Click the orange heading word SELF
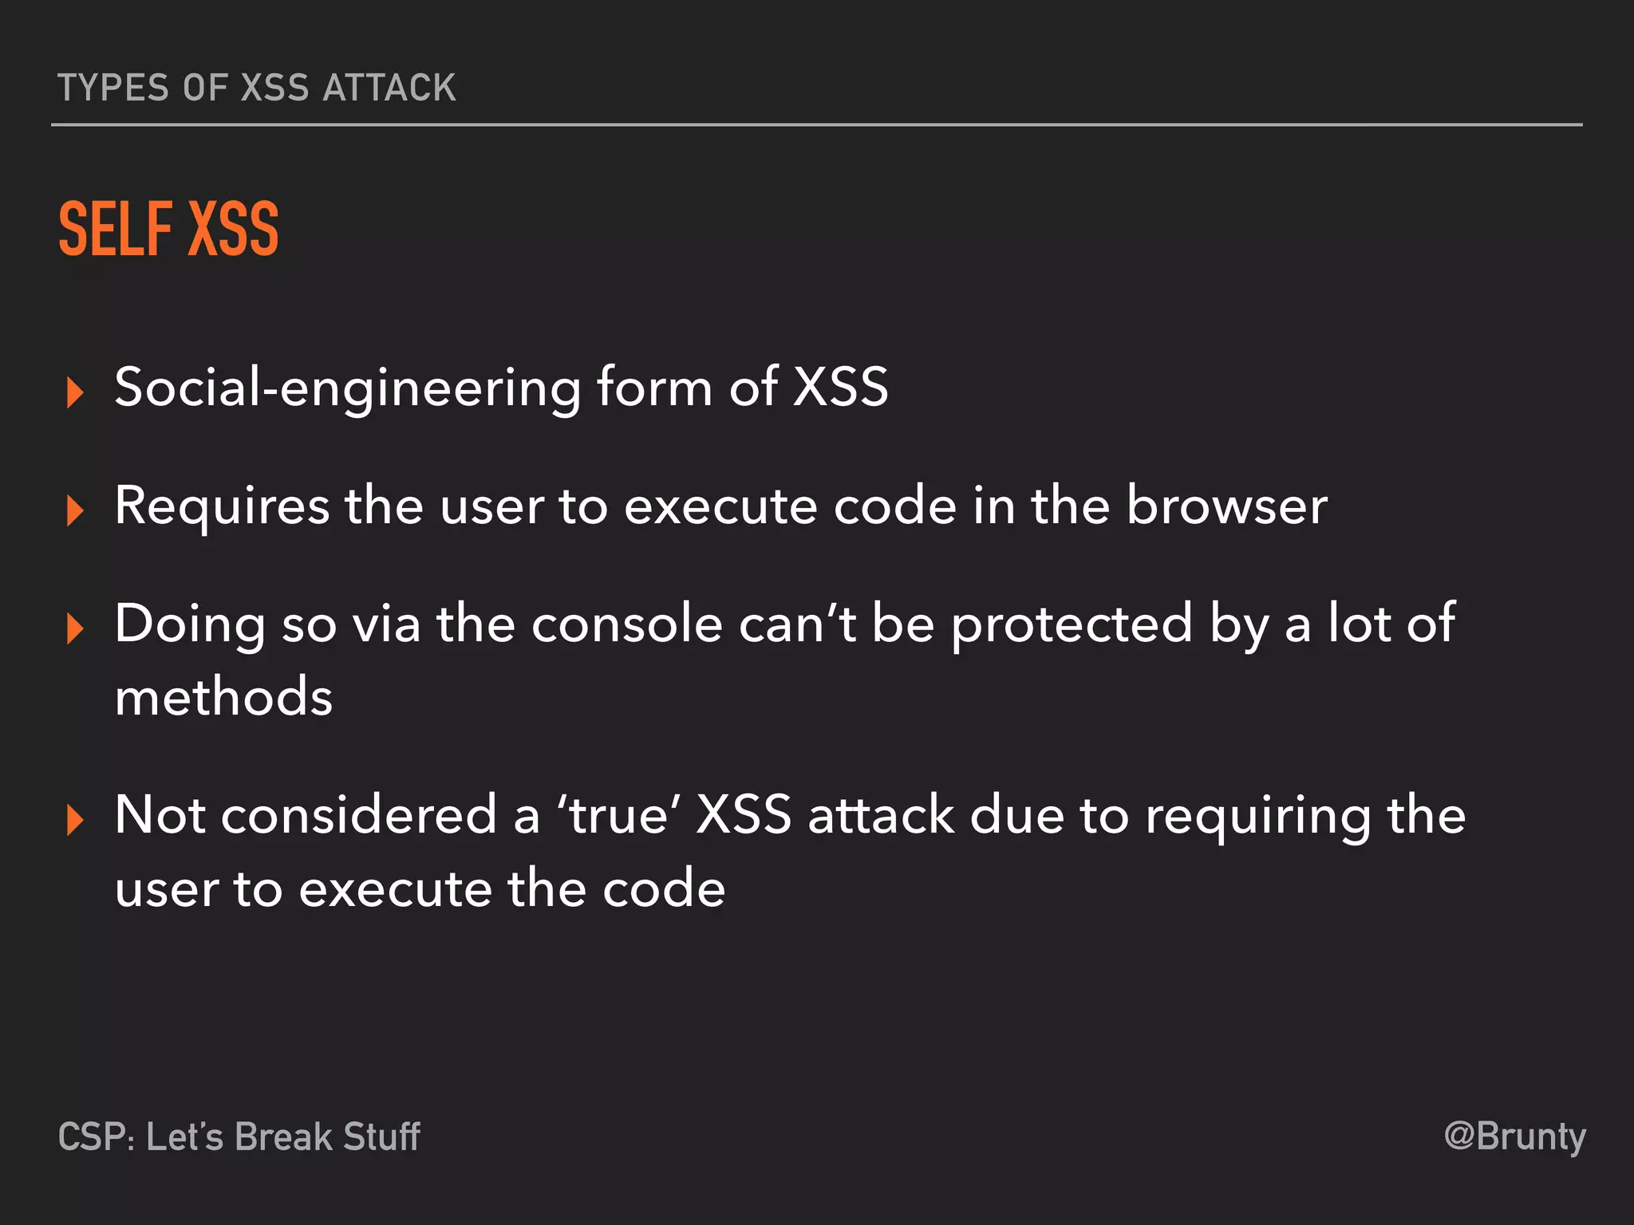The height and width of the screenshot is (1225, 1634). point(116,230)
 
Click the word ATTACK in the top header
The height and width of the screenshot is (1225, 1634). point(389,88)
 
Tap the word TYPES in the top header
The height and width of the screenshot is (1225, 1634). point(113,88)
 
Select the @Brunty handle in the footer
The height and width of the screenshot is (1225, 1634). point(1514,1136)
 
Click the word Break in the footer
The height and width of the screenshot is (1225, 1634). point(283,1136)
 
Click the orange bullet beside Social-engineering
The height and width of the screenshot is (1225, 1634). point(75,392)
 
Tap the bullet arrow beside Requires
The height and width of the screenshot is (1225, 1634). point(75,510)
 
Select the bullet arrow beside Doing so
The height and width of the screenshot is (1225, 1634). point(75,628)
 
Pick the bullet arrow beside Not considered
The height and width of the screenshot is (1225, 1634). point(75,820)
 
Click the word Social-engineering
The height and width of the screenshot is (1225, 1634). point(347,388)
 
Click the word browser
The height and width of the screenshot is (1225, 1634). point(1227,506)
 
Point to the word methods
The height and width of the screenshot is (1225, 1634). point(223,697)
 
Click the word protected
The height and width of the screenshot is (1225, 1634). point(1072,625)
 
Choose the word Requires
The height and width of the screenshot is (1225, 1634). point(222,507)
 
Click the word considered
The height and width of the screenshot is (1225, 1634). point(358,815)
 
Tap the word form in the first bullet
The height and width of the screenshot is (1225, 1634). point(653,388)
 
